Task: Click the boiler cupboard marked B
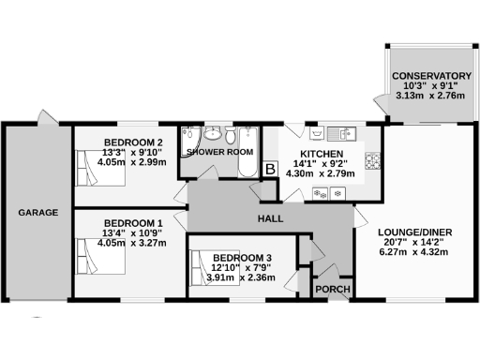pyautogui.click(x=271, y=169)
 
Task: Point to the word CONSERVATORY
pyautogui.click(x=431, y=76)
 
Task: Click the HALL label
pyautogui.click(x=271, y=218)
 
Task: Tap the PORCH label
pyautogui.click(x=334, y=289)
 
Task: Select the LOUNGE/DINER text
pyautogui.click(x=415, y=232)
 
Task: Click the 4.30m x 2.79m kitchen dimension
pyautogui.click(x=321, y=174)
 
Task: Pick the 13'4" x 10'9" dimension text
pyautogui.click(x=132, y=232)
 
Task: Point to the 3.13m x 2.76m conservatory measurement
pyautogui.click(x=431, y=97)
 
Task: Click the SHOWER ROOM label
pyautogui.click(x=219, y=151)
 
